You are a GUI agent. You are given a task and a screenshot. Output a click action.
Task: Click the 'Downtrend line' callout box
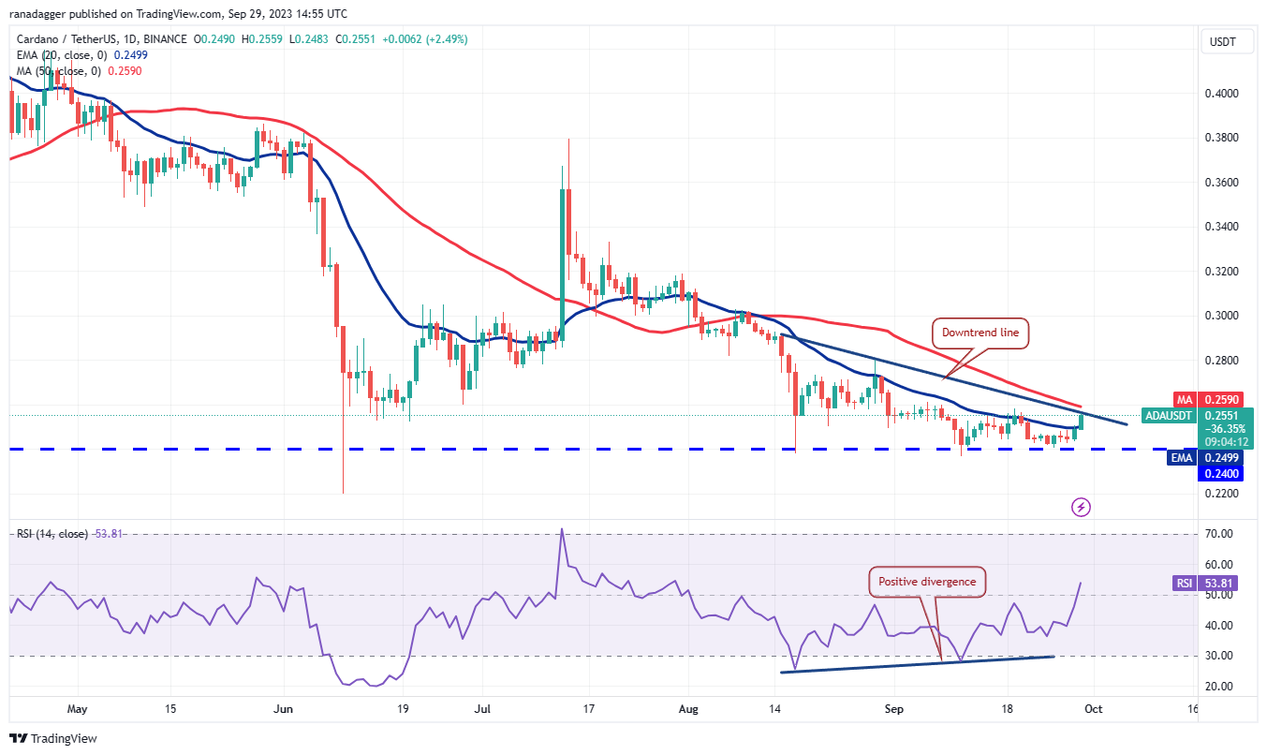click(980, 332)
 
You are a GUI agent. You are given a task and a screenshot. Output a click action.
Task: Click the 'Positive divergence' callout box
click(926, 582)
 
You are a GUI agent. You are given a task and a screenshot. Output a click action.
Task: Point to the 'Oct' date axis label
click(1093, 709)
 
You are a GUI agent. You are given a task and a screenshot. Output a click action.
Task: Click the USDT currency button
click(1225, 42)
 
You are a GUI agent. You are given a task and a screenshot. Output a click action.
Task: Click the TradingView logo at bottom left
click(53, 739)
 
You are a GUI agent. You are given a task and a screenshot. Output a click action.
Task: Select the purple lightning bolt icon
click(1082, 508)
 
